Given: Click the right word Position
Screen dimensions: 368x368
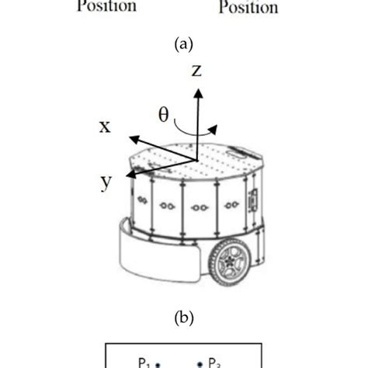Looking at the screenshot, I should [248, 7].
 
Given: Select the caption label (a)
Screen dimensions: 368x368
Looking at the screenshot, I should [183, 45].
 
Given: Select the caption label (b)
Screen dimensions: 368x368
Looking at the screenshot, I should [183, 318].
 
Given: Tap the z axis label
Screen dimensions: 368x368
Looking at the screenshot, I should [197, 71].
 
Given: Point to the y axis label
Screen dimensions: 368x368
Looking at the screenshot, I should [105, 181].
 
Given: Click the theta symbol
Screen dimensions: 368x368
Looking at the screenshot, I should [164, 115].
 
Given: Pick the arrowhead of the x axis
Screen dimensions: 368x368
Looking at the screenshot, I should [133, 139].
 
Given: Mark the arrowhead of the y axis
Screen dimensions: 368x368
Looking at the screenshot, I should [130, 175].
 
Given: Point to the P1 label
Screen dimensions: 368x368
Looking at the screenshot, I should [145, 362].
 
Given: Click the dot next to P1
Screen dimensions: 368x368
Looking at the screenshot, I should [158, 363].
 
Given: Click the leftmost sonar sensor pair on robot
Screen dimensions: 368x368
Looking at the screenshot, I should [143, 200].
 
